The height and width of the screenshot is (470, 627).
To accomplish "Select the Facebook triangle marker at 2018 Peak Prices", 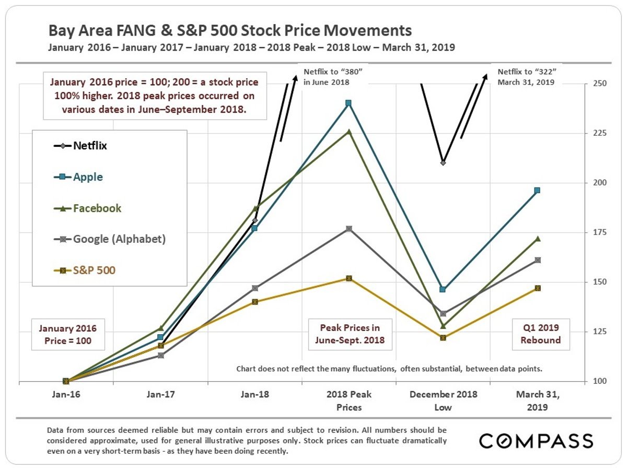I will (x=349, y=131).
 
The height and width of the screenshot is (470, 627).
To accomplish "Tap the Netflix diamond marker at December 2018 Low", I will (x=443, y=162).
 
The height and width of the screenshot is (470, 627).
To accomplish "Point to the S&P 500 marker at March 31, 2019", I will (x=537, y=288).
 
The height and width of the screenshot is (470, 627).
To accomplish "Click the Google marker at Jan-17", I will (x=161, y=355).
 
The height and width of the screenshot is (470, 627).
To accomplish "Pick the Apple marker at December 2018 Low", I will (x=443, y=289).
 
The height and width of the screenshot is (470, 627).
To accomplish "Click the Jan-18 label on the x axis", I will (x=255, y=395).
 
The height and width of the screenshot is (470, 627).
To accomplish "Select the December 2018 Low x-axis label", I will (x=443, y=401).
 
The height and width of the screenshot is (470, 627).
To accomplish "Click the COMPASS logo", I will (x=536, y=441).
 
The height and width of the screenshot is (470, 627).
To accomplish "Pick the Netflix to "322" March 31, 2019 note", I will (x=525, y=77).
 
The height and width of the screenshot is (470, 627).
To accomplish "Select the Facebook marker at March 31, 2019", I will (x=537, y=239).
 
